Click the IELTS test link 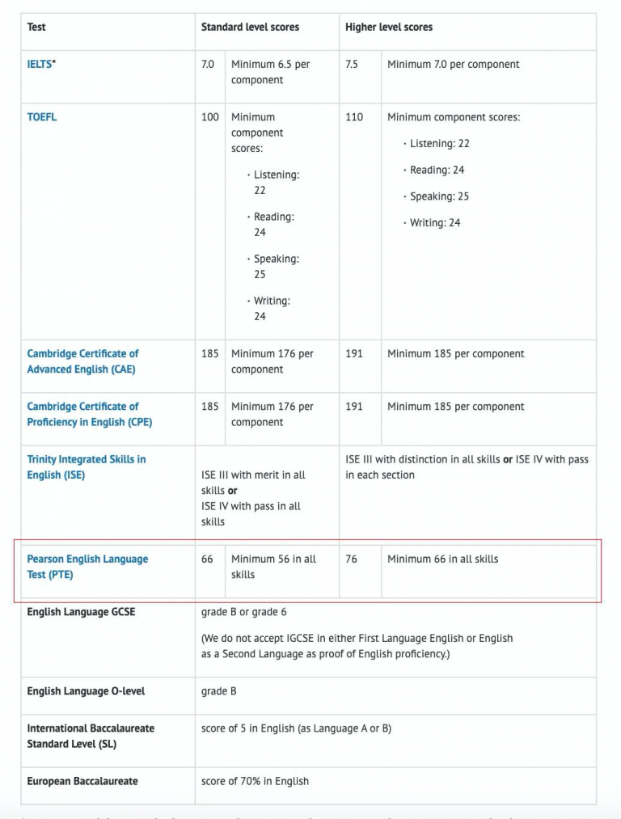tap(40, 65)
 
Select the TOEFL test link tap(42, 117)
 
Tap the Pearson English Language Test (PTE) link tap(87, 567)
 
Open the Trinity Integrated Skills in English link tap(86, 467)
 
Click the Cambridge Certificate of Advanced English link tap(82, 361)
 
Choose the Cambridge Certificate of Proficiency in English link tap(89, 414)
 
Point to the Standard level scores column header tap(250, 27)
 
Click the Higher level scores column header tap(389, 27)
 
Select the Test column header tap(36, 27)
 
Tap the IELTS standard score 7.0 tap(208, 65)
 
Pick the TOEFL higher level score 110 tap(354, 117)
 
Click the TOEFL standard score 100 tap(210, 117)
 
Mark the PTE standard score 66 tap(208, 559)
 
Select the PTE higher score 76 tap(351, 559)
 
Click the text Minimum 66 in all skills tap(442, 559)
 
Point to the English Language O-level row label tap(86, 692)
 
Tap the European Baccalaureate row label tap(82, 782)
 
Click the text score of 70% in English tap(255, 782)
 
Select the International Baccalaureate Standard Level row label tap(91, 736)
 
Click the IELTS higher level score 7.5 tap(352, 65)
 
